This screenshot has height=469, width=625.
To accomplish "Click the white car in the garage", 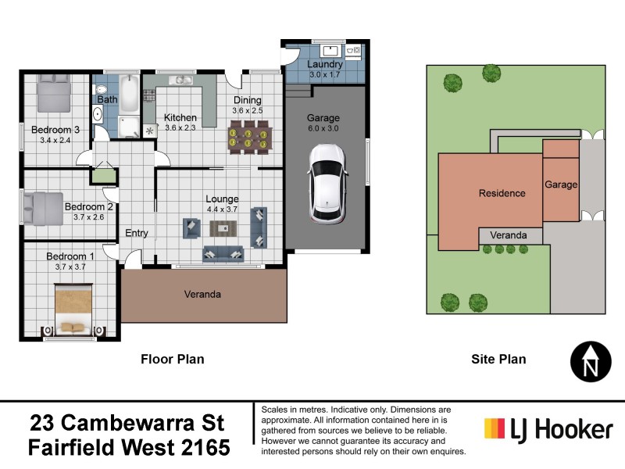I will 327,182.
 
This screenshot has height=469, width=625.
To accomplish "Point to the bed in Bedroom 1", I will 73,309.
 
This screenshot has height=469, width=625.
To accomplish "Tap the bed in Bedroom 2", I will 45,207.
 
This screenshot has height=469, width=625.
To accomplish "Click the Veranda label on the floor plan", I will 203,295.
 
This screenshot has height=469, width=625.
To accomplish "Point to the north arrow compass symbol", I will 592,361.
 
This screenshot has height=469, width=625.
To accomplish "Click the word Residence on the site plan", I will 502,193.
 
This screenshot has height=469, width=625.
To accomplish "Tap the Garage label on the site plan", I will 561,185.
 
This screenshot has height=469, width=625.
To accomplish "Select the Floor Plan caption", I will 172,360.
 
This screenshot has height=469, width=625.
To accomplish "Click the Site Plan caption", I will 498,360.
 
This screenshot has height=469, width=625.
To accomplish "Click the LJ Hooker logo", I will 548,429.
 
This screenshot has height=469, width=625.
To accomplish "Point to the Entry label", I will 137,233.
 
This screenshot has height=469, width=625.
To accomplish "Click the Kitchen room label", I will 180,118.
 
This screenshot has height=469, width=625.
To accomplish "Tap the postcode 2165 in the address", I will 205,448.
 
